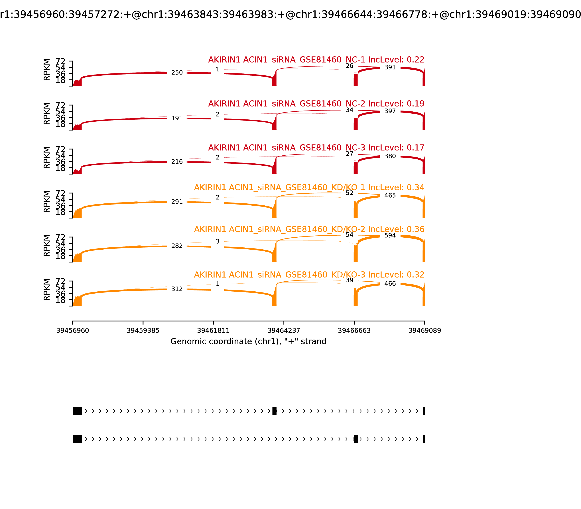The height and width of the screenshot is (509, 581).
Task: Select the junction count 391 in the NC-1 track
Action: pos(390,67)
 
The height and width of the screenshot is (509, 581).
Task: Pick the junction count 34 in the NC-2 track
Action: pos(350,110)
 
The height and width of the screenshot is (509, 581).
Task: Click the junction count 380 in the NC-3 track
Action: pos(390,156)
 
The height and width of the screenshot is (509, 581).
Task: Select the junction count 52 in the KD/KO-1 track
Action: pos(350,193)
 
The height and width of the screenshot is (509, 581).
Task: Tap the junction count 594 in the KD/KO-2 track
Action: pos(390,235)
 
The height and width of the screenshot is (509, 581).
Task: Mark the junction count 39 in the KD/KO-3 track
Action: pos(350,280)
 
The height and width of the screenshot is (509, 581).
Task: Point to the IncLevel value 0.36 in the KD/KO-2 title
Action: pos(415,229)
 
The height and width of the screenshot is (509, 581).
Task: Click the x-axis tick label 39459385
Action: pos(143,331)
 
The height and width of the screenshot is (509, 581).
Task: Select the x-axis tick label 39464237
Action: pos(284,331)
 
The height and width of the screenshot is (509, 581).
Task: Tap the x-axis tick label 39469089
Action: pos(424,331)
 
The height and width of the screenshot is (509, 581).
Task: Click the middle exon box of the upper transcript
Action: pos(274,411)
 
